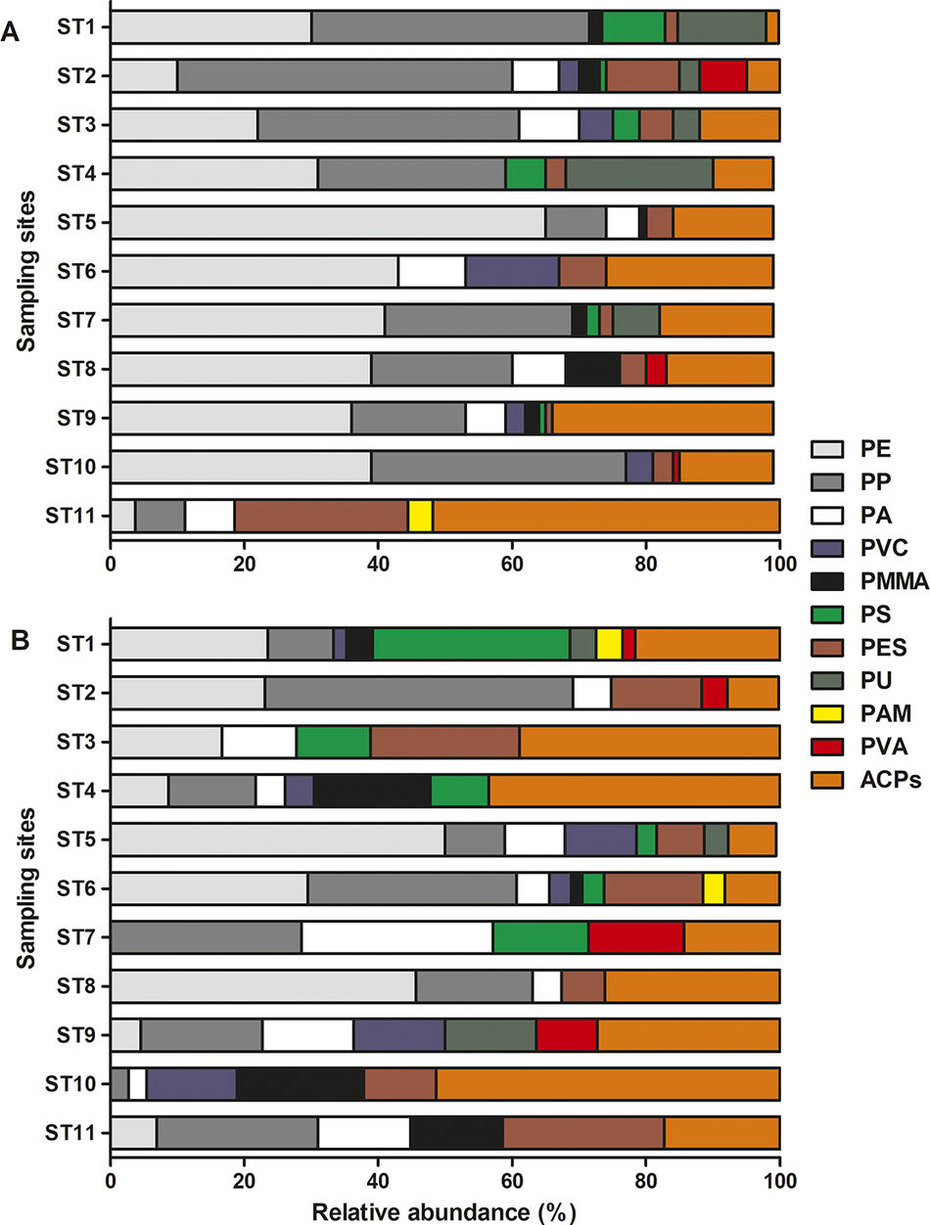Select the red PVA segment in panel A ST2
tap(723, 75)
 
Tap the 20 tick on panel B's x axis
tap(245, 1167)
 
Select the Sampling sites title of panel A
tap(22, 270)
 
